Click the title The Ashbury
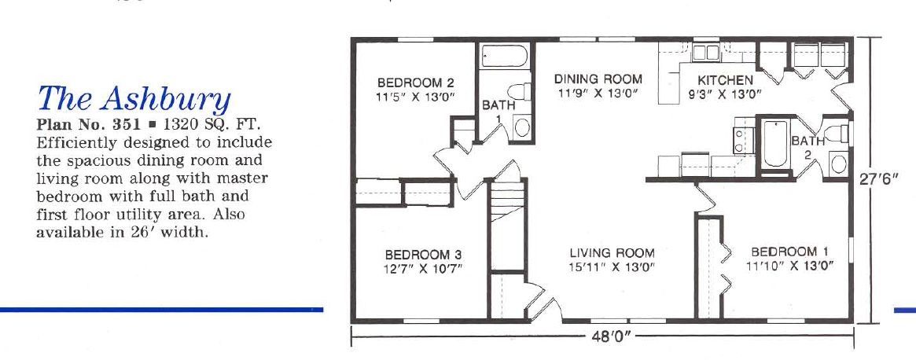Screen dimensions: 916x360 [x=134, y=98]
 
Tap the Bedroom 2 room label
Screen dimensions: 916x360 [x=415, y=83]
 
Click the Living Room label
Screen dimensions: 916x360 [x=613, y=254]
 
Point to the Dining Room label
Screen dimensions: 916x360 [x=598, y=79]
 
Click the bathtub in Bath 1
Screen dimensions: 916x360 [x=505, y=57]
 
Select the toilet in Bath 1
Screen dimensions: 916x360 [x=520, y=92]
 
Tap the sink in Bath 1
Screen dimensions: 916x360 [x=521, y=127]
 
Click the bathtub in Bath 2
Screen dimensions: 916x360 [x=774, y=144]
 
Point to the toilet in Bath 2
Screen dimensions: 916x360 [x=836, y=134]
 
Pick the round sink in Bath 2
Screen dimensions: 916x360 [x=838, y=163]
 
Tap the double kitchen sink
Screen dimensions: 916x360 [x=706, y=53]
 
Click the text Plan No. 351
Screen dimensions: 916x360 [x=87, y=125]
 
